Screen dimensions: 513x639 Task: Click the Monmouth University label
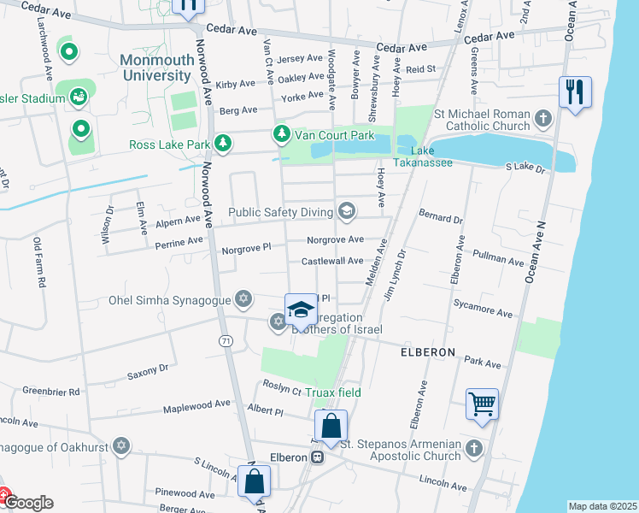(155, 68)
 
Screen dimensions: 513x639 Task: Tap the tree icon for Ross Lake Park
(223, 143)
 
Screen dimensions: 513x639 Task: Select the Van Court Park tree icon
(281, 134)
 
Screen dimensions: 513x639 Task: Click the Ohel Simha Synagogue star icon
(244, 299)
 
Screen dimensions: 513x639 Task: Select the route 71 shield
(225, 341)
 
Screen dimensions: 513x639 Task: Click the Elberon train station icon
(317, 457)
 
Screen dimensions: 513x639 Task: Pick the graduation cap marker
(301, 310)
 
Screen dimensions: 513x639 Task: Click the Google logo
(28, 503)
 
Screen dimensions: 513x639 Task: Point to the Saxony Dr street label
(148, 371)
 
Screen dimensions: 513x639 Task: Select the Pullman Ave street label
(497, 256)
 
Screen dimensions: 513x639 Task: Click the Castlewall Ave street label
(331, 261)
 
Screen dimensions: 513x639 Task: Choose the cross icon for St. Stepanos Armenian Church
(474, 447)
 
